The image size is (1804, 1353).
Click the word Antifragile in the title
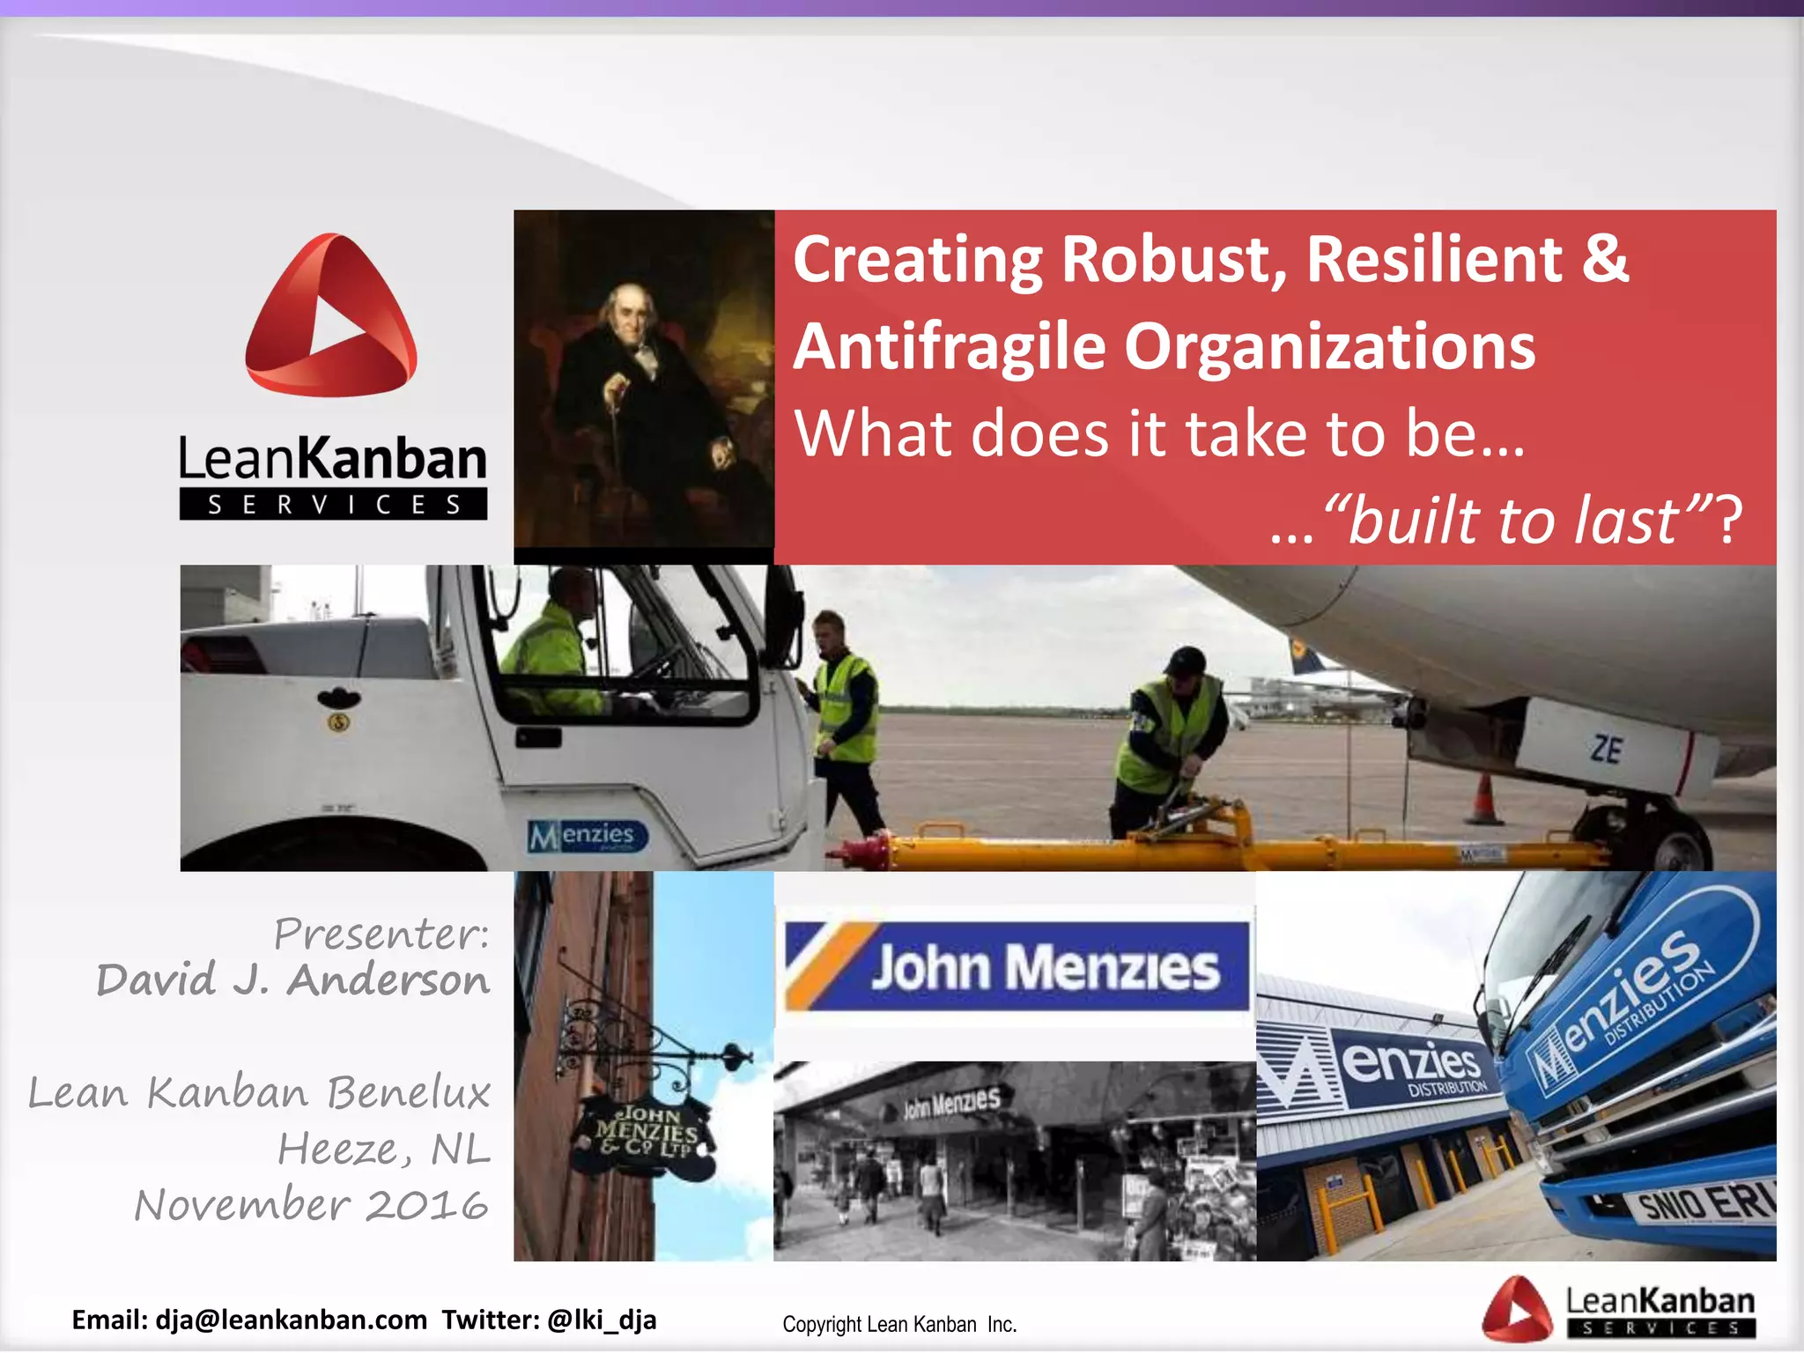(949, 346)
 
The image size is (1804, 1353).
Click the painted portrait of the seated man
(643, 379)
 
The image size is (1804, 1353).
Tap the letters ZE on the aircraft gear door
(1606, 750)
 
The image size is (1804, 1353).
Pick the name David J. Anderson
(292, 980)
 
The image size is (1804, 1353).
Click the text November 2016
(311, 1204)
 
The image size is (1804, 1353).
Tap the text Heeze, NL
(384, 1149)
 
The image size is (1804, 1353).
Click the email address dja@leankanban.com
(291, 1320)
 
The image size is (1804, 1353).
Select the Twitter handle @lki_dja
(602, 1320)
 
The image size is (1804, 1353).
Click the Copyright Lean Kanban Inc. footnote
(899, 1324)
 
